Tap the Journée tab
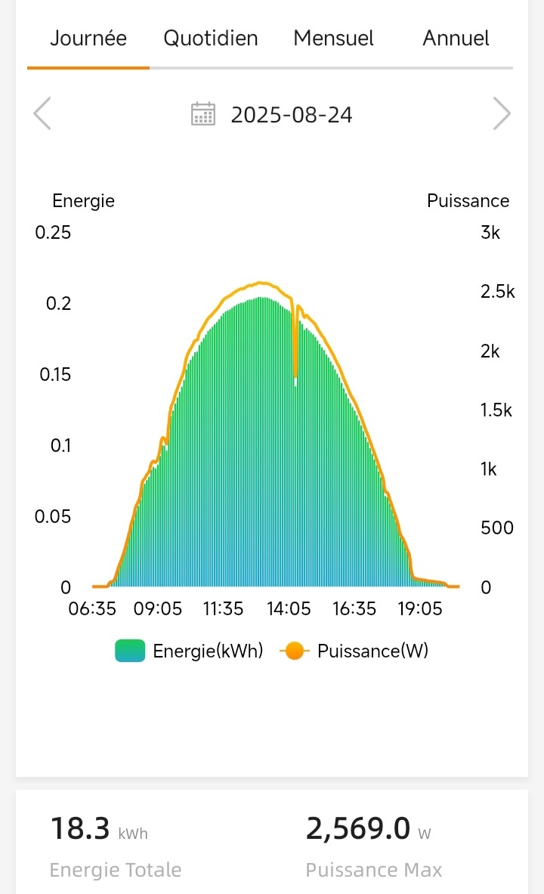[88, 39]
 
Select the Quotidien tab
[211, 39]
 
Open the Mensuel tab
[333, 39]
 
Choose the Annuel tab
[456, 39]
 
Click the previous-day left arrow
[42, 115]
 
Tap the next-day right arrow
[502, 115]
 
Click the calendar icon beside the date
[203, 114]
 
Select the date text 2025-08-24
[292, 115]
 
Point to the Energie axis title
[83, 201]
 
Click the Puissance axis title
[468, 201]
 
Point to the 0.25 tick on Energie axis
[53, 233]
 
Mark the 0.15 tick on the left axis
[53, 375]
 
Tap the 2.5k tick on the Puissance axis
[497, 292]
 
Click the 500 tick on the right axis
[497, 527]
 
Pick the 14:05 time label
[289, 609]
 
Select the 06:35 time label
[92, 609]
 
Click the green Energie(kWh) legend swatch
[130, 651]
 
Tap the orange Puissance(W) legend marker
[295, 651]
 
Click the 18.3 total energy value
[80, 829]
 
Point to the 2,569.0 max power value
[359, 829]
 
